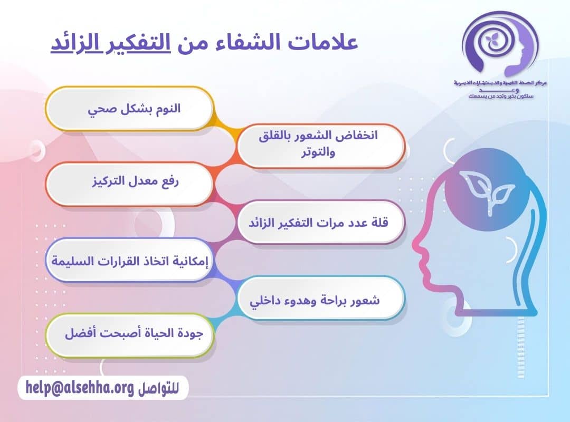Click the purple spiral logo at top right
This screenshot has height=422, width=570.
[x=496, y=45]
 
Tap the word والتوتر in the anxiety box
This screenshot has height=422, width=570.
[x=320, y=152]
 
